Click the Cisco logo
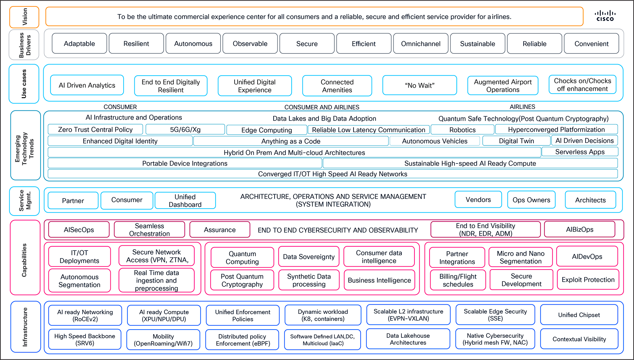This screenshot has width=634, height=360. click(605, 16)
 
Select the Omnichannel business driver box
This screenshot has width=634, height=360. click(421, 44)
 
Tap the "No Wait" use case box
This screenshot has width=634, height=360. click(419, 85)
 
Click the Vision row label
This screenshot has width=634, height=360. click(25, 17)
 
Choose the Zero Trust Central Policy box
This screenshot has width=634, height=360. click(95, 129)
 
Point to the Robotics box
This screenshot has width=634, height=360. click(462, 130)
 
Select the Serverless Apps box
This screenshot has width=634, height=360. click(580, 152)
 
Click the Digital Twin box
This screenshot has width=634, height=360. click(516, 141)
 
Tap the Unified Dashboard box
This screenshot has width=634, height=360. click(185, 200)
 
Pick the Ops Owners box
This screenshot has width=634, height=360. click(531, 200)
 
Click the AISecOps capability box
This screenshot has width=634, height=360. click(79, 230)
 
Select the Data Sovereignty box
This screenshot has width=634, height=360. click(309, 257)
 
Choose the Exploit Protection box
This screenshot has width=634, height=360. click(588, 279)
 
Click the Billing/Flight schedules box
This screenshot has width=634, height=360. click(458, 280)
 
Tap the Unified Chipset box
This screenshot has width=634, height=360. click(579, 315)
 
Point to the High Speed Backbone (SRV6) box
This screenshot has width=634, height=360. click(85, 339)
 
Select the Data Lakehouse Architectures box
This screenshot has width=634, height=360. click(408, 339)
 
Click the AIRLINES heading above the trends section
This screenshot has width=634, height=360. click(522, 107)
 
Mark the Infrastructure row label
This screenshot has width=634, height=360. click(25, 327)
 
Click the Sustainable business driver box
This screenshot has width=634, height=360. click(477, 44)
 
